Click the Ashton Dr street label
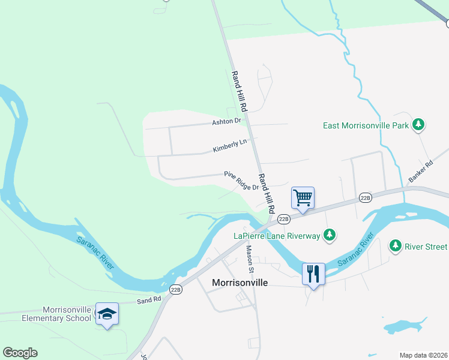pos(226,121)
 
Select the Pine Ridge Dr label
pos(241,181)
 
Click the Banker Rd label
pos(420,172)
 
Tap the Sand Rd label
pos(149,299)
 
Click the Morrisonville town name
pos(240,282)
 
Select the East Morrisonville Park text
pos(366,125)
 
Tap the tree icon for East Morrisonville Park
pos(418,125)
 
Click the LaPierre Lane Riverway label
pos(277,236)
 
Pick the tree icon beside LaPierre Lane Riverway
pos(329,235)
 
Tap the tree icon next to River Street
pos(395,245)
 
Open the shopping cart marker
pos(303,197)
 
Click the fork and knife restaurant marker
pos(313,274)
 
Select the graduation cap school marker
pos(107,314)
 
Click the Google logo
pos(20,353)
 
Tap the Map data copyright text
pos(423,355)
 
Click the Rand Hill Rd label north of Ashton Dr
pos(240,92)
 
